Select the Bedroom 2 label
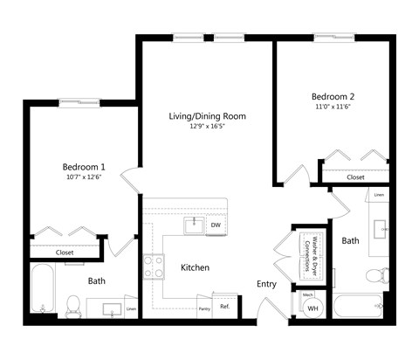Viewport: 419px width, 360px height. (x=333, y=96)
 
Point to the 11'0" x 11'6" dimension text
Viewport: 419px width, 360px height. (x=333, y=107)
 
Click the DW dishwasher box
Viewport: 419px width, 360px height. (x=215, y=225)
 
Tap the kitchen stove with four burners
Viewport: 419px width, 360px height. (x=155, y=266)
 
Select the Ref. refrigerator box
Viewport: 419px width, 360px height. (x=224, y=306)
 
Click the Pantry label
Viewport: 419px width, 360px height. (x=203, y=308)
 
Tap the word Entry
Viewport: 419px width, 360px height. (x=266, y=284)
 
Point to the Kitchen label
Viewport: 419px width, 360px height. (x=195, y=267)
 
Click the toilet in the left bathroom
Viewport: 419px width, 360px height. (x=74, y=305)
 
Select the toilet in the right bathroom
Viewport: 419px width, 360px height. (x=374, y=276)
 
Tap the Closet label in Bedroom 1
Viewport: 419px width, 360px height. (x=65, y=253)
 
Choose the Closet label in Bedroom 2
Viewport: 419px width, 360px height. (x=355, y=177)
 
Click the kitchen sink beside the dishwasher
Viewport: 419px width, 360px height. (x=194, y=225)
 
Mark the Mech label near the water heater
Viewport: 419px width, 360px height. (x=307, y=294)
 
